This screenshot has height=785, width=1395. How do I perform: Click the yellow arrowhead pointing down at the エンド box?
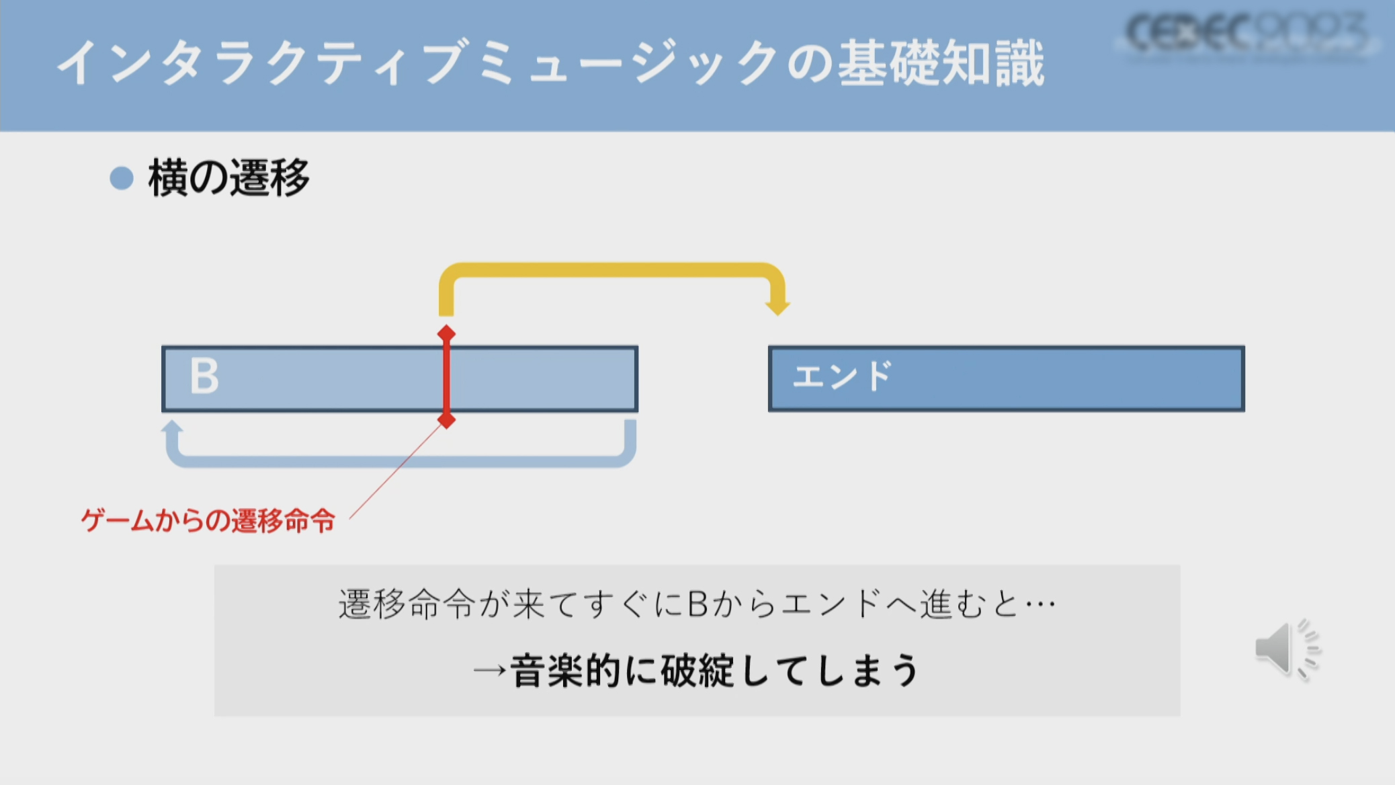777,306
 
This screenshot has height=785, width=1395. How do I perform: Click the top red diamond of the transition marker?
446,333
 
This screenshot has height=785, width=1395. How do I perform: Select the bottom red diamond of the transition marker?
446,421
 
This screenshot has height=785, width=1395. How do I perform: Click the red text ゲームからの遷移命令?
208,520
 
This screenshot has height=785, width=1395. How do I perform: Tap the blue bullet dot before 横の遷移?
122,178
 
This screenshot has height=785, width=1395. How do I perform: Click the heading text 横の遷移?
228,178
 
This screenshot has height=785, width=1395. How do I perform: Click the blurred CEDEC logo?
1246,34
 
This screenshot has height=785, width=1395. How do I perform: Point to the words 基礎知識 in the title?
941,63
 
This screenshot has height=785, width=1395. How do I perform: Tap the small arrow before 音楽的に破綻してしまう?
489,671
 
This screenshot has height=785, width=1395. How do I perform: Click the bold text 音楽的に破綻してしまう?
714,671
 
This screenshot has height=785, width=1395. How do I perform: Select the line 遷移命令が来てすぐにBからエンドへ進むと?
696,604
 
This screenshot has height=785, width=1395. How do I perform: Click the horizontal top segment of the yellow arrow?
611,270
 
